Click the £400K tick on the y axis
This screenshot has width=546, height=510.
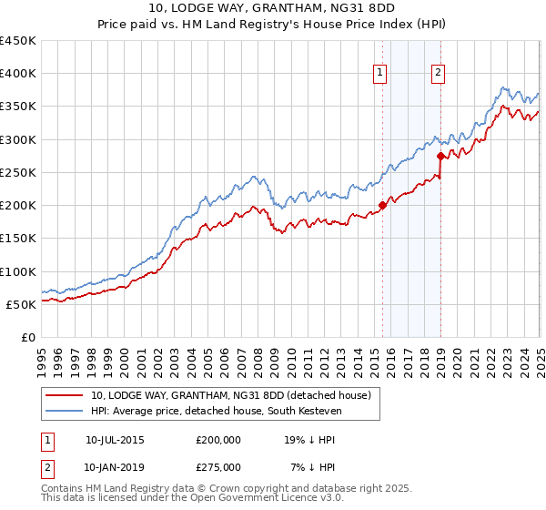click(x=17, y=74)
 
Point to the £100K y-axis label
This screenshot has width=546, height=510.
click(x=17, y=271)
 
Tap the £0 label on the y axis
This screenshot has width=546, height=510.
click(x=27, y=337)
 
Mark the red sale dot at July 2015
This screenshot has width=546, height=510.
click(x=382, y=205)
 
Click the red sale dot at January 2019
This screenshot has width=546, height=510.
click(x=440, y=156)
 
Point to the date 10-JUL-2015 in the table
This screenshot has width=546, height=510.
click(x=115, y=439)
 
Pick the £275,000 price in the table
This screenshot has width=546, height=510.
click(x=218, y=466)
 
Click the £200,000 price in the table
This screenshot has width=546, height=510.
click(x=218, y=439)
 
